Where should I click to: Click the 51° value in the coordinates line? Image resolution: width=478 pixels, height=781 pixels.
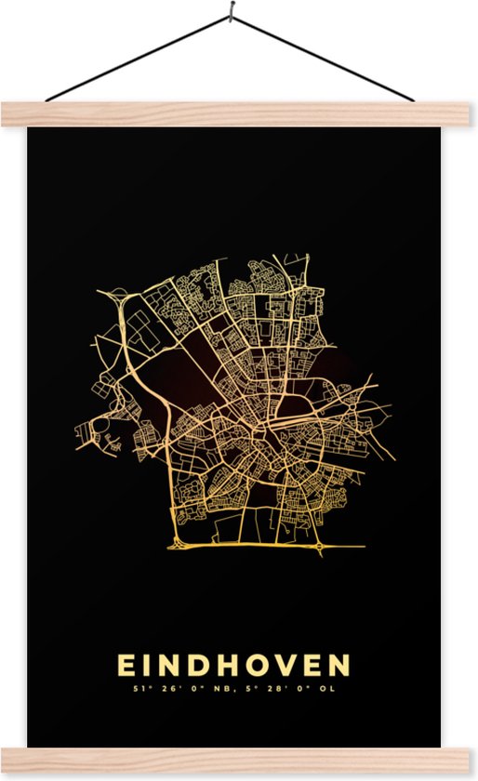point(142,690)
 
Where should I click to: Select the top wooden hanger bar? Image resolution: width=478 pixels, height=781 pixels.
point(239,113)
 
